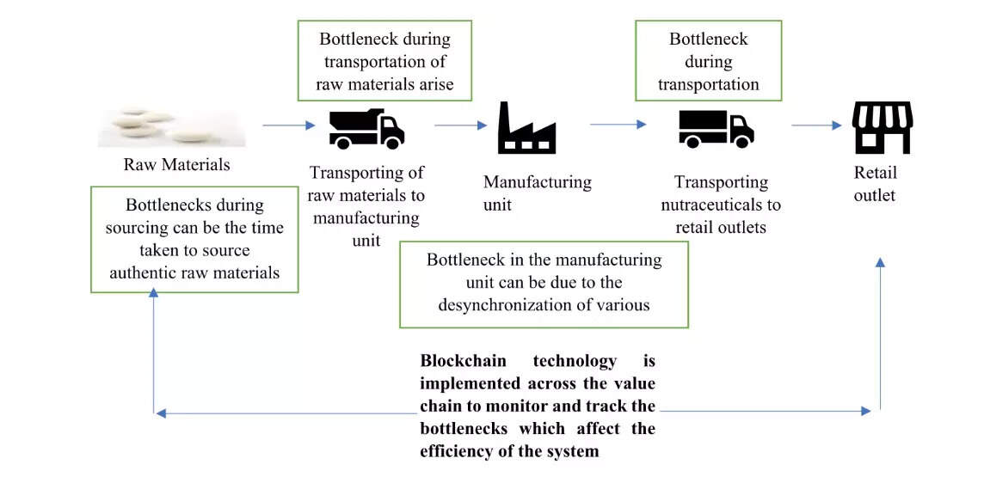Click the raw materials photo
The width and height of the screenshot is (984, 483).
[x=171, y=127]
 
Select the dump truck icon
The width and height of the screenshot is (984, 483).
[x=366, y=129]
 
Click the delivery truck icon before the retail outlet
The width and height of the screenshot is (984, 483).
[x=716, y=128]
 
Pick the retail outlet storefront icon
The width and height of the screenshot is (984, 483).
[x=882, y=127]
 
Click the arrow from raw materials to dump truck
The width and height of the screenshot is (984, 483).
[x=288, y=125]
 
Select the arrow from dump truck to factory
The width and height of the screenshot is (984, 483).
[x=460, y=125]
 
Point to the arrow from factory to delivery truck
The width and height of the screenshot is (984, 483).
[x=618, y=125]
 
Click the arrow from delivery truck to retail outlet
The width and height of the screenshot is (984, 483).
[x=815, y=125]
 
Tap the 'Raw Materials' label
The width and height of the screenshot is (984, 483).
[x=176, y=164]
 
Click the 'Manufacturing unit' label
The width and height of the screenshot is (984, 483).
[x=537, y=193]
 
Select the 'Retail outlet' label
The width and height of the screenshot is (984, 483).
[x=875, y=184]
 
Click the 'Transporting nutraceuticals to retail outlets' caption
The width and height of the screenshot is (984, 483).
[x=721, y=205]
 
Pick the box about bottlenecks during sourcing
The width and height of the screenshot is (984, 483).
[x=194, y=239]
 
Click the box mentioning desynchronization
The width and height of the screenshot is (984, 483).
[x=544, y=283]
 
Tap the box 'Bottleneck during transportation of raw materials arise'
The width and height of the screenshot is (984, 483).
[x=384, y=61]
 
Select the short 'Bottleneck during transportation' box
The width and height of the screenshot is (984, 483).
[x=708, y=61]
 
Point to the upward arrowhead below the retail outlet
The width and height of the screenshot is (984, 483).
[x=880, y=261]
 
